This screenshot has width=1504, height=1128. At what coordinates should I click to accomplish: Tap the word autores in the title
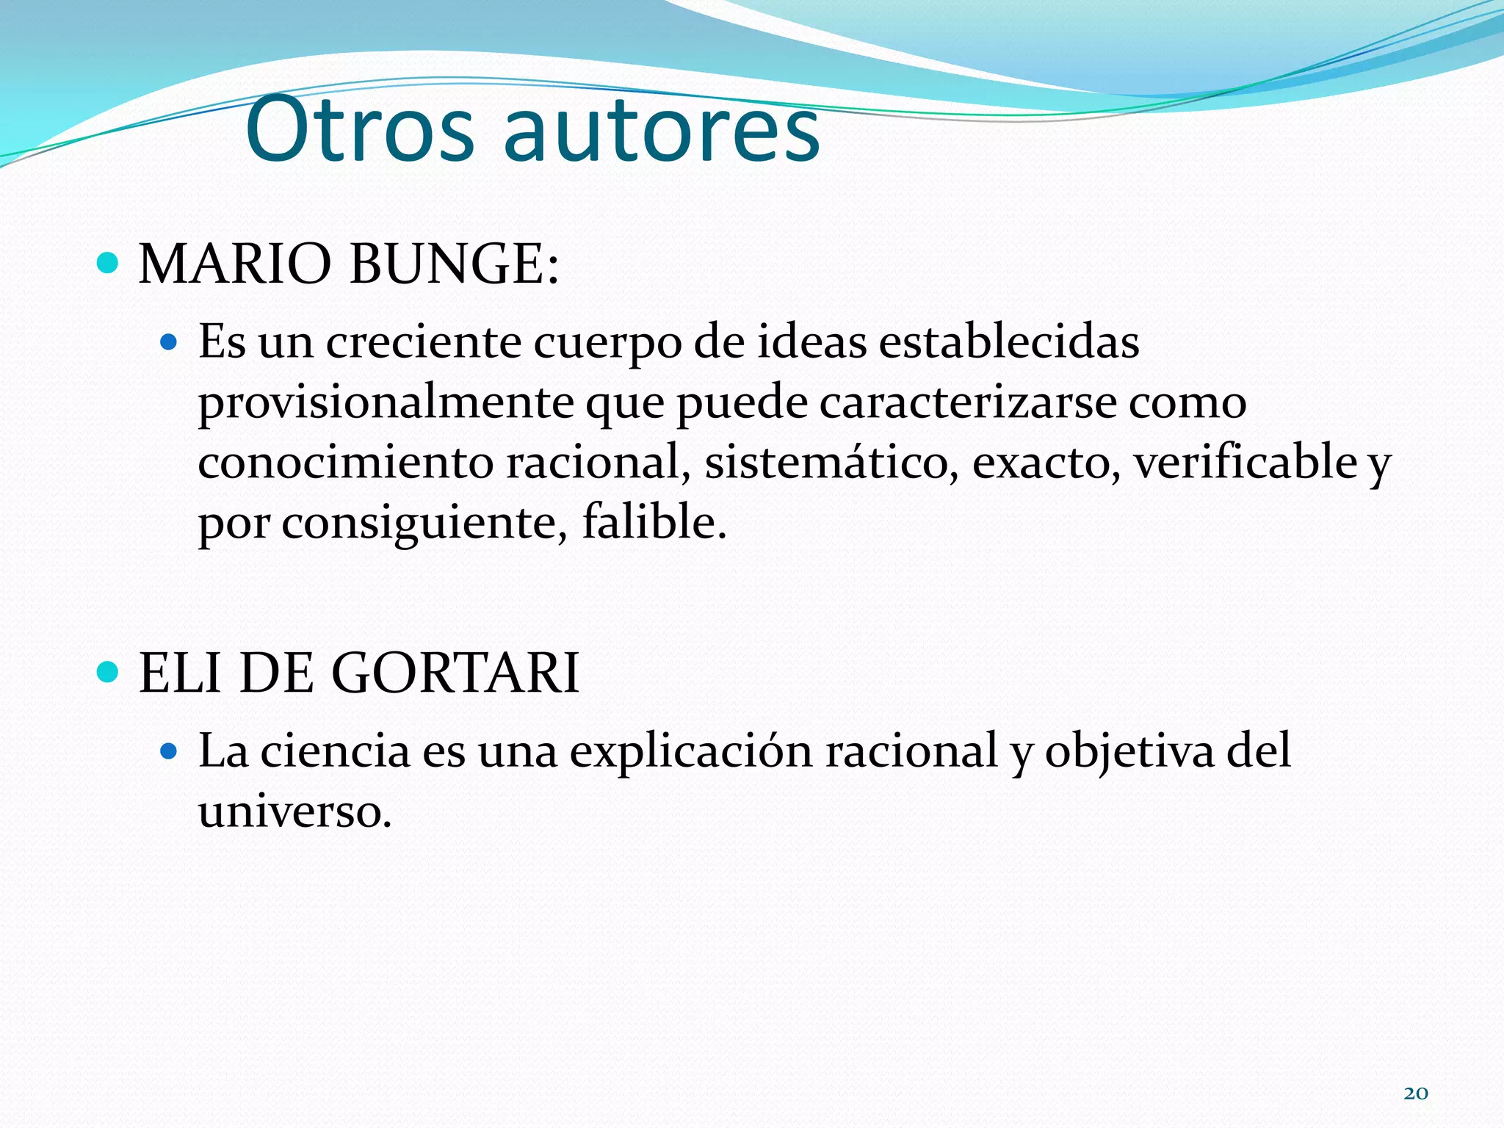click(x=662, y=131)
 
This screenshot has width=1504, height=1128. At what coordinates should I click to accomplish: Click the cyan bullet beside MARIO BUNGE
click(x=108, y=263)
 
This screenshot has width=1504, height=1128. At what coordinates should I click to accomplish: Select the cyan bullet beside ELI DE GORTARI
click(x=108, y=671)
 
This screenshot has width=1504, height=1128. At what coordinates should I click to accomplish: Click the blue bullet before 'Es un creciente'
click(x=169, y=341)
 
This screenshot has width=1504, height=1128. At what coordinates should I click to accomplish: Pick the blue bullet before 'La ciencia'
click(x=169, y=751)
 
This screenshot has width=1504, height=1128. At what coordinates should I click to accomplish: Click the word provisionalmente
click(x=386, y=404)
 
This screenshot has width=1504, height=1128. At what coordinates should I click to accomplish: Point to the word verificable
click(x=1245, y=463)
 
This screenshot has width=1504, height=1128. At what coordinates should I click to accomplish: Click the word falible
click(x=654, y=523)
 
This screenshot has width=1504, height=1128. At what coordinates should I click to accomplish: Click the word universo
click(x=294, y=811)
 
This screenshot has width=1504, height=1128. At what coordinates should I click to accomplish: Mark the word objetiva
click(x=1129, y=753)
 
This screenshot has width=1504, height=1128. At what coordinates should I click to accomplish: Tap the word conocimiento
click(x=345, y=463)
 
